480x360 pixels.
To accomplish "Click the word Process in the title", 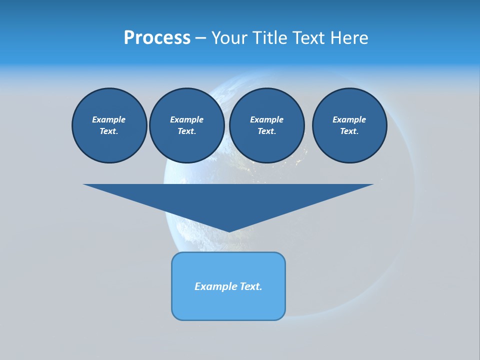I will coord(157,38).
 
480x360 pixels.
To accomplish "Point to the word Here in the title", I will coord(352,38).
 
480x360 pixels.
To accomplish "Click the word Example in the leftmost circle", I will coord(109,119).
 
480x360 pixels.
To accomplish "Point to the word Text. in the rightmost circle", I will coord(349,131).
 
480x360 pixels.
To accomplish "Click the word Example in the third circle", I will coord(266,119).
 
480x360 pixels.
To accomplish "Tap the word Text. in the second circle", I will coord(186,131).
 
